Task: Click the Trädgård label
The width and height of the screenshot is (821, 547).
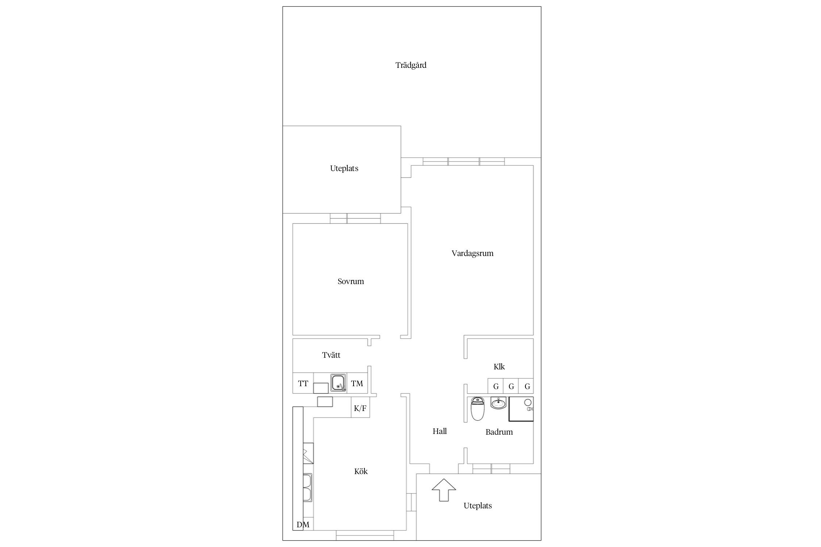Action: click(x=411, y=65)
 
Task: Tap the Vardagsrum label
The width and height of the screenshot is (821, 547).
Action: click(x=473, y=253)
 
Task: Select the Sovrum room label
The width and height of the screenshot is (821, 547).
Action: click(x=351, y=281)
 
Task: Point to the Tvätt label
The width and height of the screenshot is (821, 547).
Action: click(x=331, y=355)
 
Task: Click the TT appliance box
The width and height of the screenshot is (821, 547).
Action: click(x=303, y=383)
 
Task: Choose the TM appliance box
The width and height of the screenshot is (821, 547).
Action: click(x=357, y=383)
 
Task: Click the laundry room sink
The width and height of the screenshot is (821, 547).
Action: click(x=339, y=383)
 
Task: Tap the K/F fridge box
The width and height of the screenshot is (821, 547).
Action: click(x=360, y=408)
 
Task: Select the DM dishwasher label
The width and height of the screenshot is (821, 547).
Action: click(x=303, y=525)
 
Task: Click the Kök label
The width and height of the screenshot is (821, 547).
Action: click(x=361, y=472)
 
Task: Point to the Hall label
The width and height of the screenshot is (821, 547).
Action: click(x=440, y=431)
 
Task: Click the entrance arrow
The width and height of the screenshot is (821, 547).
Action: click(x=444, y=490)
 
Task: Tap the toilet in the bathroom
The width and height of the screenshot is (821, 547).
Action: click(x=478, y=409)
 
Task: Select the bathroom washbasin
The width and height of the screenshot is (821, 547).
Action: click(x=498, y=403)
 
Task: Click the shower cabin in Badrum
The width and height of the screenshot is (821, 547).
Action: click(x=521, y=409)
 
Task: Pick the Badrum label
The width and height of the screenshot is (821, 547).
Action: click(x=499, y=432)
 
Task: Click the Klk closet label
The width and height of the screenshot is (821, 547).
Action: click(x=499, y=366)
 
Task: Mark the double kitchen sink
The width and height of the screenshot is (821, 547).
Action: click(x=308, y=488)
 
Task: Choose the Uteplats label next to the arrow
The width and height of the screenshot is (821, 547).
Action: click(x=478, y=506)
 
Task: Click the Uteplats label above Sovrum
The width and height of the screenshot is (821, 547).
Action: click(x=344, y=168)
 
